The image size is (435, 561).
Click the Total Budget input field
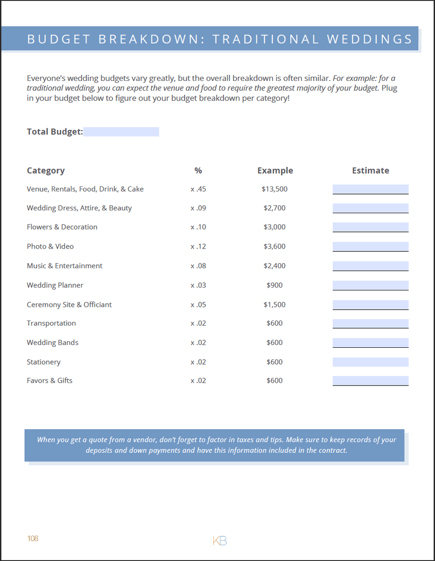121,132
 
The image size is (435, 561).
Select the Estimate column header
371,170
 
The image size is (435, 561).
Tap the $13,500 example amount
274,189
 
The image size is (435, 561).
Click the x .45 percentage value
198,189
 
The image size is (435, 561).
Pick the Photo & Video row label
50,246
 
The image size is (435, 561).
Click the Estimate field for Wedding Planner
371,285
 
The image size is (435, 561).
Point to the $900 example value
274,285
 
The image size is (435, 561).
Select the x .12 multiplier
198,246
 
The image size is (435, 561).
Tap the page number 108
33,538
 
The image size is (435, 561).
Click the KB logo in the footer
220,541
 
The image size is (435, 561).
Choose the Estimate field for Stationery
371,362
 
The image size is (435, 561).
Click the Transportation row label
51,323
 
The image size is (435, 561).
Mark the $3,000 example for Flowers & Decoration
274,227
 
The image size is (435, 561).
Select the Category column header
46,170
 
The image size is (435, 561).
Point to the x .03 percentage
198,285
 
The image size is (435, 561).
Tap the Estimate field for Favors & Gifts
371,380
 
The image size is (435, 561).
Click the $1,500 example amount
274,305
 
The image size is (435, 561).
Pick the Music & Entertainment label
64,266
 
